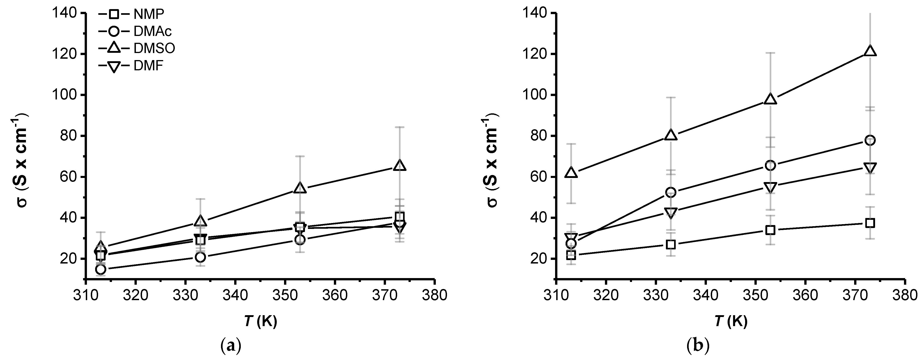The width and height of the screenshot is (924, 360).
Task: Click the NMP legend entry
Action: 131,14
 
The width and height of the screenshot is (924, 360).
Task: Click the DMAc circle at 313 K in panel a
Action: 101,269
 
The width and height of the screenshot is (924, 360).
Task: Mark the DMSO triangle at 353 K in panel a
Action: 300,189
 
